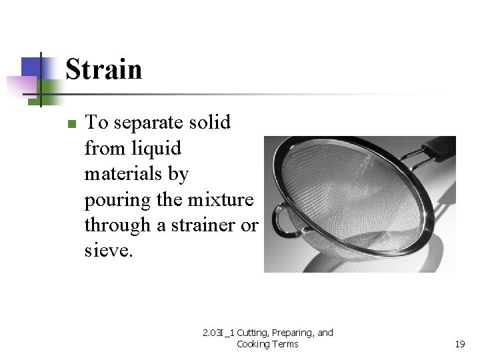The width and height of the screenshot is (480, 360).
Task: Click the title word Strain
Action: pos(104,69)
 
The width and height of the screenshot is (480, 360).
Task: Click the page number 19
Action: pos(459,344)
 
